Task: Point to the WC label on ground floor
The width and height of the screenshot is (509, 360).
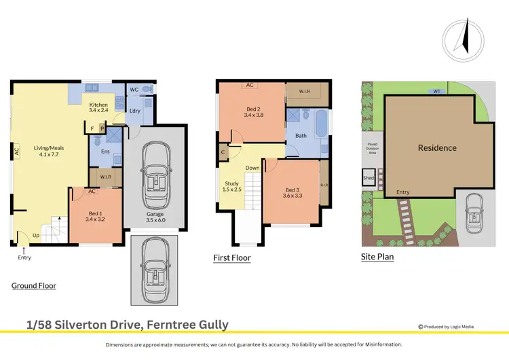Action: [134, 90]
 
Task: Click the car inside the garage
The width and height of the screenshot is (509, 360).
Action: [157, 179]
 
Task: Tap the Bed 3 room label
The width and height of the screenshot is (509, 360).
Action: [293, 192]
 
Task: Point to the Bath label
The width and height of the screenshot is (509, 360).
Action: [301, 136]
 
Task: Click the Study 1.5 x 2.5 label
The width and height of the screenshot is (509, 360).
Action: [233, 186]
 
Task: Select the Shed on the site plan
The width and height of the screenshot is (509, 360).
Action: [369, 179]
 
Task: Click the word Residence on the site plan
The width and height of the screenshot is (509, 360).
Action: [436, 147]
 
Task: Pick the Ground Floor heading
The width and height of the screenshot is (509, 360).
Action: [34, 286]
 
